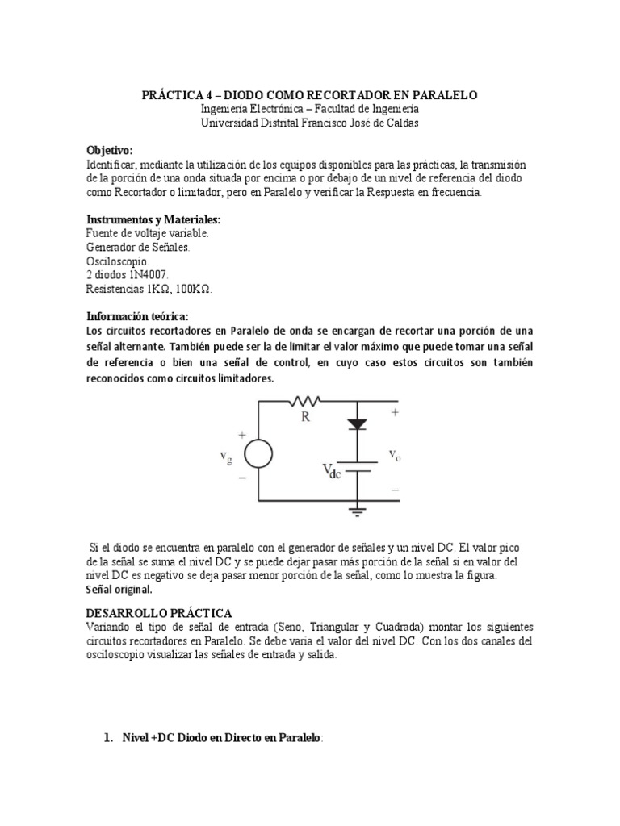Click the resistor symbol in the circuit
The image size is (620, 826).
[308, 399]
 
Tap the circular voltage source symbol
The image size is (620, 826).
[258, 454]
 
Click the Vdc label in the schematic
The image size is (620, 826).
[332, 471]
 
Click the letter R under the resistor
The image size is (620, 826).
[305, 418]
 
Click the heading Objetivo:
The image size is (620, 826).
[109, 151]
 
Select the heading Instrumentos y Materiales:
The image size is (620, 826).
[153, 219]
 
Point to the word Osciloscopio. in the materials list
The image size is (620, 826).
[116, 261]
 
